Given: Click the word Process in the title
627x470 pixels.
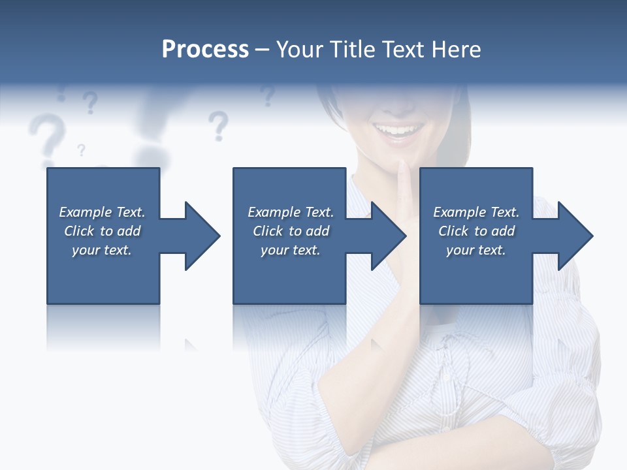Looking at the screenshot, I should click(205, 50).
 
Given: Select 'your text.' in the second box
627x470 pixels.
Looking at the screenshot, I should click(290, 250).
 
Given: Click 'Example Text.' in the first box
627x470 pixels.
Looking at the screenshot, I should click(102, 212).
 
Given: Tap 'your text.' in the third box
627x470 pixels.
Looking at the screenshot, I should click(475, 250).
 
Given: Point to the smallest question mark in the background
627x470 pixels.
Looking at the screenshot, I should click(81, 150).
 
